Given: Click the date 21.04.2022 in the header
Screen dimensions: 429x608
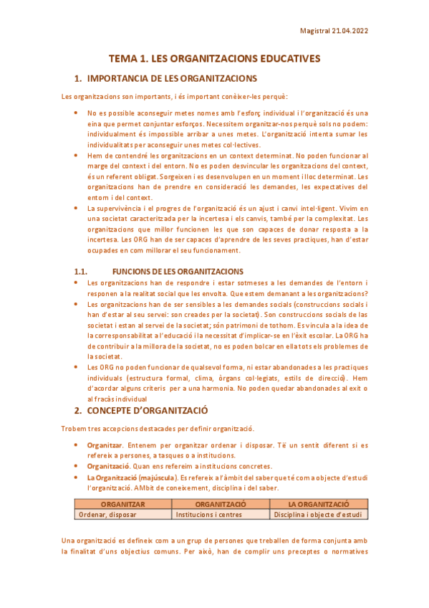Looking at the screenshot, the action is click(351, 31).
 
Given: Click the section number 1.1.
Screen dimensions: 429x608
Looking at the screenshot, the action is click(81, 272).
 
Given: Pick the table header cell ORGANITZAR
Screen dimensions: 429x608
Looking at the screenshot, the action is click(123, 505).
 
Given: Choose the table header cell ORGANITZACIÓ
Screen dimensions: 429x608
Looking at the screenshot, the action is click(221, 505).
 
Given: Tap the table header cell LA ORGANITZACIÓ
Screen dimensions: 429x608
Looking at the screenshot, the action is click(318, 505).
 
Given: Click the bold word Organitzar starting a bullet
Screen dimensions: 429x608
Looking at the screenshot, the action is click(105, 445).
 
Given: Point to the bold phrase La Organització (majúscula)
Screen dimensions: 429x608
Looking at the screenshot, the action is click(126, 477).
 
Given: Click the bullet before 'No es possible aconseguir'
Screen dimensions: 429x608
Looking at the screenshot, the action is click(77, 113).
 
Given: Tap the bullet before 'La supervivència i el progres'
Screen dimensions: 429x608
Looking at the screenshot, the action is click(77, 207).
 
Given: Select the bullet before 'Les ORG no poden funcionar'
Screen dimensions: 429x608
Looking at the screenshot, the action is click(77, 366).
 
